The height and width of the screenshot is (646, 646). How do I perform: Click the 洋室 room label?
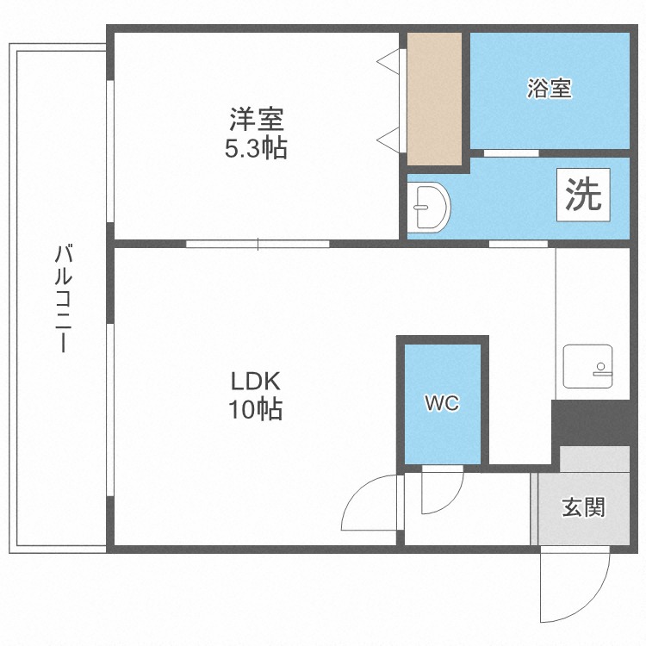coord(256,117)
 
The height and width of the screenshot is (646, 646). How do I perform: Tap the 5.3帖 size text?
coord(256,148)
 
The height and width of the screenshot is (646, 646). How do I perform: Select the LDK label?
coord(256,380)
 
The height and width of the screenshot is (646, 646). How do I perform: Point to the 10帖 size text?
coord(256,410)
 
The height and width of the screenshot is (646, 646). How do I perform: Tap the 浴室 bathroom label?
coord(550,88)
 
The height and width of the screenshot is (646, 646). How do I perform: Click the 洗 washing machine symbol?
coord(582,196)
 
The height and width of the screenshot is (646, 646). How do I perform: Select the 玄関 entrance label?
coord(583,507)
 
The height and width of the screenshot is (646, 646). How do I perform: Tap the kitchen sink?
coord(587,366)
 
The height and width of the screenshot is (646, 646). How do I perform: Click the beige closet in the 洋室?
coord(434,98)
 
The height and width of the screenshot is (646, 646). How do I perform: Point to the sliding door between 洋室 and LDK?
coord(258,244)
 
